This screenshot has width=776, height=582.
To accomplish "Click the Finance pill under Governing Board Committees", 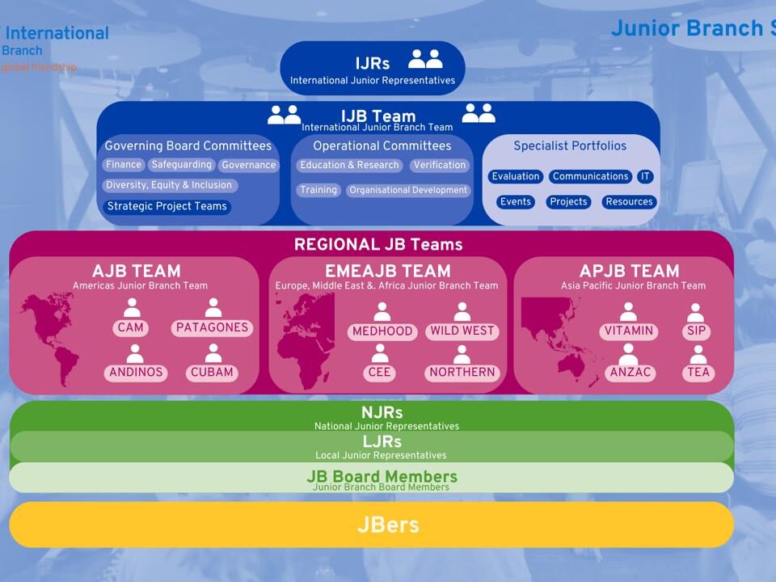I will pos(124,165).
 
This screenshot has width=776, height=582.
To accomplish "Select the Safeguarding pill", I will pos(182,165).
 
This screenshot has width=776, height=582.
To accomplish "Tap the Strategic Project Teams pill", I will pos(167,206).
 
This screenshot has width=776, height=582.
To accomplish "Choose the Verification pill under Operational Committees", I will pos(439,165).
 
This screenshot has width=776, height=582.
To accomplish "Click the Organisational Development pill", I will pos(408,191).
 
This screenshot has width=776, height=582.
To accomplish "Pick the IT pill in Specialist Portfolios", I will pos(644,176).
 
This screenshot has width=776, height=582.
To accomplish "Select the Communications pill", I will pos(590,176).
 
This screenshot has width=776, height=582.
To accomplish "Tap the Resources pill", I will pos(629,202).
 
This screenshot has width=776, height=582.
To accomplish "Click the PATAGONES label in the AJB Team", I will pos(213,327).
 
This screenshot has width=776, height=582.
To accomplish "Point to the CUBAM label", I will pos(212,373).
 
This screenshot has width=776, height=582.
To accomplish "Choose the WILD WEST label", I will pos(462,331).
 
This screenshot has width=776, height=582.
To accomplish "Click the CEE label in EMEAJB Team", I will pos(378,373).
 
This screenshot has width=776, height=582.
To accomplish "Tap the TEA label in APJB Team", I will pos(698,373).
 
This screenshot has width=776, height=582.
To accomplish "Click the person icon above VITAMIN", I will pos(628,312).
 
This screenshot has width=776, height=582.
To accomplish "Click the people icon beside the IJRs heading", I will pos(425,59).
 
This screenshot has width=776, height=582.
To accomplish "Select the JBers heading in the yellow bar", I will pos(388,525).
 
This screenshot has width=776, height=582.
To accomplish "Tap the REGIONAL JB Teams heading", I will pos(378,244).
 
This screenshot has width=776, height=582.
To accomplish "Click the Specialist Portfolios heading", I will pos(570,146).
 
